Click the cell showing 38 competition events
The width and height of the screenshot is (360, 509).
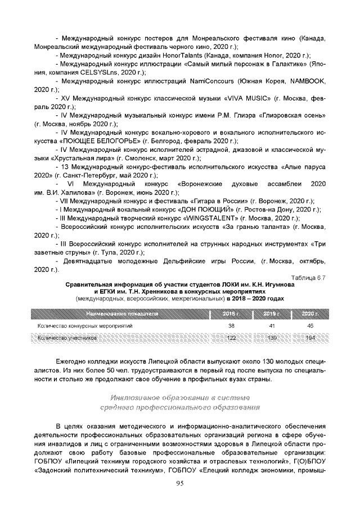(x=231, y=326)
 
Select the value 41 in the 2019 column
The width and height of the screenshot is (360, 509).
(x=271, y=326)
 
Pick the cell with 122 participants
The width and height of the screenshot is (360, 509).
(x=231, y=338)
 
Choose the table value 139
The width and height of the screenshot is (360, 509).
(x=271, y=338)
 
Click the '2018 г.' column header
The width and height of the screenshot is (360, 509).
(x=231, y=313)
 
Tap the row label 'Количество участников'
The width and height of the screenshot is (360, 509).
(x=67, y=338)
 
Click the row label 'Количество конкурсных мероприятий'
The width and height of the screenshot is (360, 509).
(x=85, y=326)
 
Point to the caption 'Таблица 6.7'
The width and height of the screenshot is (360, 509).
(x=308, y=277)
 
